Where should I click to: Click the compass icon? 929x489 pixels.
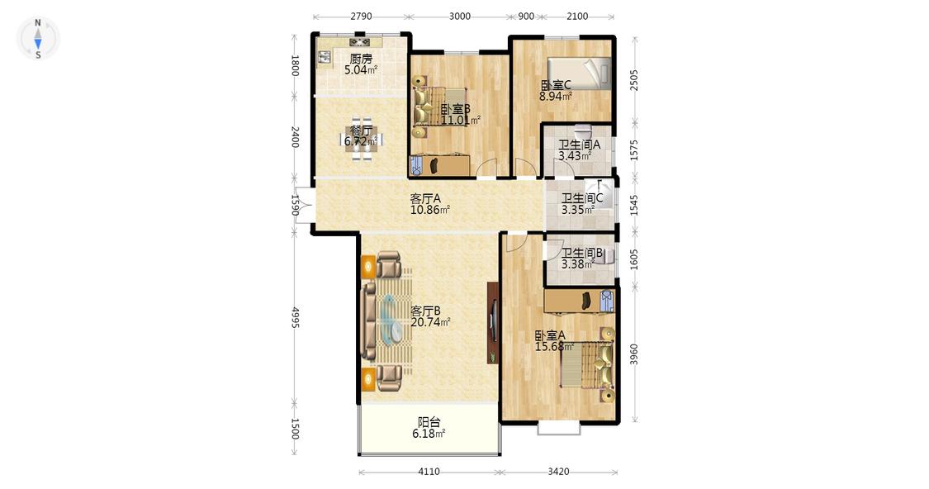pyautogui.click(x=38, y=39)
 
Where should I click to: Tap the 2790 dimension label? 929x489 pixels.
pyautogui.click(x=361, y=17)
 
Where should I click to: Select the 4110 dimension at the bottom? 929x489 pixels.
pyautogui.click(x=429, y=472)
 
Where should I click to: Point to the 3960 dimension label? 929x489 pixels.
pyautogui.click(x=634, y=354)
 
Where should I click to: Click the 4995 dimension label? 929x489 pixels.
pyautogui.click(x=295, y=318)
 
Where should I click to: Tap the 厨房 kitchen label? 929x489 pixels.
pyautogui.click(x=361, y=59)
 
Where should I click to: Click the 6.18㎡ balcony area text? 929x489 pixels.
pyautogui.click(x=429, y=434)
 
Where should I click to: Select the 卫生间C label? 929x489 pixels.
pyautogui.click(x=582, y=198)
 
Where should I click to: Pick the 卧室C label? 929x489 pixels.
pyautogui.click(x=556, y=85)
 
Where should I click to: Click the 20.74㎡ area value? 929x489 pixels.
pyautogui.click(x=431, y=322)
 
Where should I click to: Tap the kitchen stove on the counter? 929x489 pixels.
pyautogui.click(x=360, y=41)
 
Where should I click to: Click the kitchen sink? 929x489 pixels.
pyautogui.click(x=325, y=57)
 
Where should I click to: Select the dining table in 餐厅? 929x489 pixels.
pyautogui.click(x=361, y=140)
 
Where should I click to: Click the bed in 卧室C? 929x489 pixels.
pyautogui.click(x=578, y=73)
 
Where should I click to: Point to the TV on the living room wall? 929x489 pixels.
pyautogui.click(x=492, y=322)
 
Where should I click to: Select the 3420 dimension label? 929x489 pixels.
pyautogui.click(x=558, y=472)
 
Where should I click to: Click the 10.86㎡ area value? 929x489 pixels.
pyautogui.click(x=430, y=210)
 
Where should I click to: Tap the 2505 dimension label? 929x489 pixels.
pyautogui.click(x=634, y=80)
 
